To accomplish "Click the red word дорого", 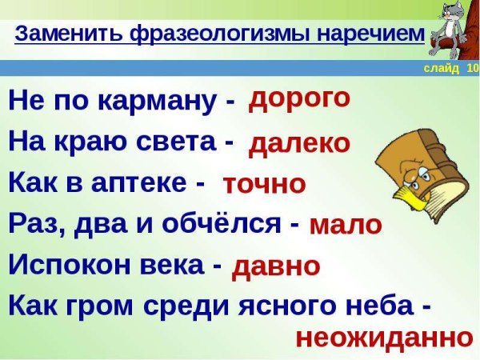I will [x=299, y=98].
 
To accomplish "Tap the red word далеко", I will [x=299, y=143].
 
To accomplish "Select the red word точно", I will [x=264, y=184].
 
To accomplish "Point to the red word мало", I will [x=345, y=226].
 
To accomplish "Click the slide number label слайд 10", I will [x=450, y=69].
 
